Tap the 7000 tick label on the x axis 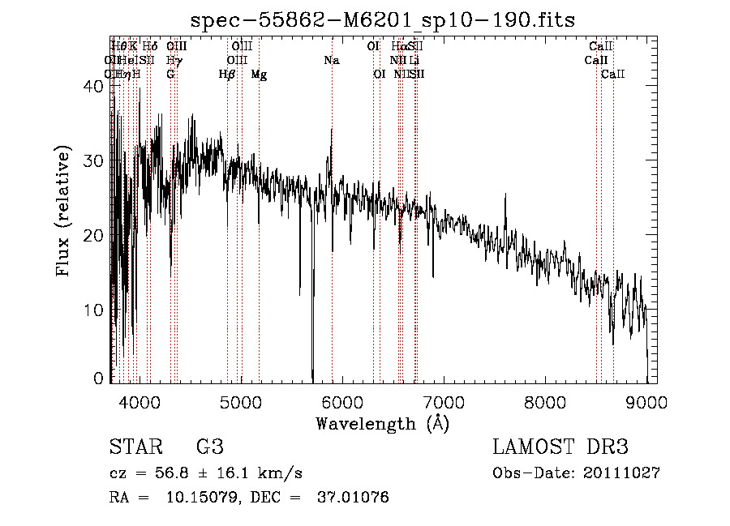(444, 400)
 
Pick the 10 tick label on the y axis (96, 310)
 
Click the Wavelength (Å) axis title (382, 423)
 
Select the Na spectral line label (331, 60)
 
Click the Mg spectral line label (259, 75)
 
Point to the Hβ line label (227, 75)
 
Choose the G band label (170, 75)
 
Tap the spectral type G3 (209, 447)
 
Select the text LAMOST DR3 (560, 447)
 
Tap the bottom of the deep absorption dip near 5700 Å (312, 378)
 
